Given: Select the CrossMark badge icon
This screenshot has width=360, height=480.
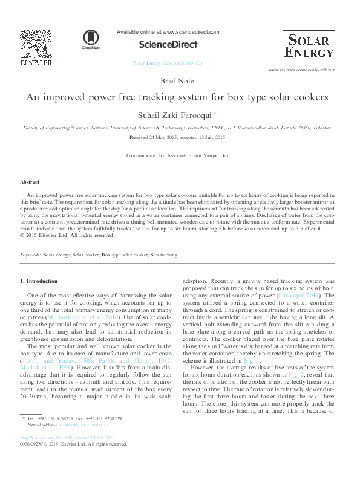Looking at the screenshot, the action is (x=91, y=39).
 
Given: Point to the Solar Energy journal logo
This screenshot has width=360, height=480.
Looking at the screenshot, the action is (x=308, y=47).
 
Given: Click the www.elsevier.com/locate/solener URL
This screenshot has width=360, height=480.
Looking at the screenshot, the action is (x=301, y=70).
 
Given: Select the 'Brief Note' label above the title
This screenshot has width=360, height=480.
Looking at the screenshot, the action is (x=177, y=81).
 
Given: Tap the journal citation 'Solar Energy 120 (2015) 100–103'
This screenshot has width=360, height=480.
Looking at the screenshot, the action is (x=168, y=63).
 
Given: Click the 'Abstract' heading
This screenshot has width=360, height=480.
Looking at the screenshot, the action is (x=30, y=181).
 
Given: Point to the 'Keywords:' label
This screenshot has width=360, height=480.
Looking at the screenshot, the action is (x=30, y=256).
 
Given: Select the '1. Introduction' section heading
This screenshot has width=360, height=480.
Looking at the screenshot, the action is (x=39, y=281).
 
